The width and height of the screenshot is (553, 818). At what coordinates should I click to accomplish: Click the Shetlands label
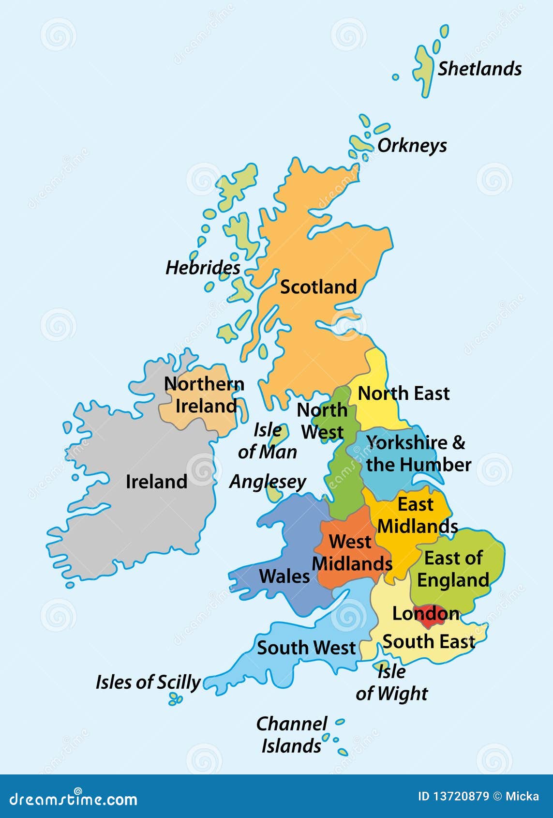tap(479, 69)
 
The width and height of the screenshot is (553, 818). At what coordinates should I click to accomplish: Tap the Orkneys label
tap(412, 145)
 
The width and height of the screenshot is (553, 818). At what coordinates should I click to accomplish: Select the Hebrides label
tap(203, 268)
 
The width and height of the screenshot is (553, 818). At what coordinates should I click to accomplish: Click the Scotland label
tap(318, 287)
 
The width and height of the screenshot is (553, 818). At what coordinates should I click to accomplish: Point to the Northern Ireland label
tap(204, 395)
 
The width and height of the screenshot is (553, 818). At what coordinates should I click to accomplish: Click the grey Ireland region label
tap(156, 482)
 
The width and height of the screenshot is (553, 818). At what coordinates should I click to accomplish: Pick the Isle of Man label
tap(267, 441)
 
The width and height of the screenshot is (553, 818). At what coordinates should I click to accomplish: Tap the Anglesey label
tap(268, 482)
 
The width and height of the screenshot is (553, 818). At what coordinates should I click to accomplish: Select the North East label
tap(404, 394)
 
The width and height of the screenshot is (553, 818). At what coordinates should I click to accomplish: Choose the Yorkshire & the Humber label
tap(418, 454)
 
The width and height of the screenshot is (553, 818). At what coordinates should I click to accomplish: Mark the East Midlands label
tap(417, 515)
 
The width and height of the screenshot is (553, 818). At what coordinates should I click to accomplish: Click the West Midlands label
tap(352, 553)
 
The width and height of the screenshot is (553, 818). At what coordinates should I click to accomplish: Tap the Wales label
tap(284, 576)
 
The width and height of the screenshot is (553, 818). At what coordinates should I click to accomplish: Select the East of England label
tap(453, 569)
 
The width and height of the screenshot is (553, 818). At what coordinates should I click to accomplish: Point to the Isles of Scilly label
tap(148, 682)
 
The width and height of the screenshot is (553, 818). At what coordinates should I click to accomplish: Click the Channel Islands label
tap(292, 735)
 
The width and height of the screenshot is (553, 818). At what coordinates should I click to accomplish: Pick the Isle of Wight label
tap(392, 682)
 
